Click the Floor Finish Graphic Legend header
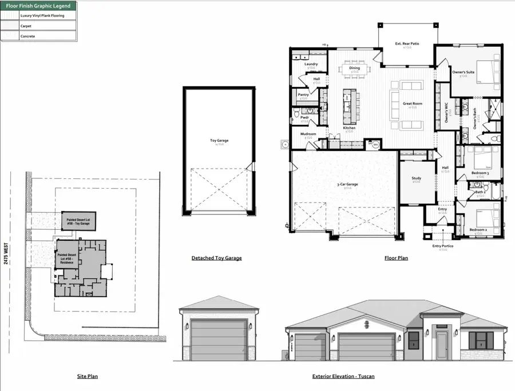38,6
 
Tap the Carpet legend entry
26,26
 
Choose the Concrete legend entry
27,36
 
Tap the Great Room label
412,103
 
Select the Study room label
416,178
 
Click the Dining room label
354,68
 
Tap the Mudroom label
308,134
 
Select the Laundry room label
311,64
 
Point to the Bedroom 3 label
480,173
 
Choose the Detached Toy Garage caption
216,258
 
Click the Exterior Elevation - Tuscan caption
343,376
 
